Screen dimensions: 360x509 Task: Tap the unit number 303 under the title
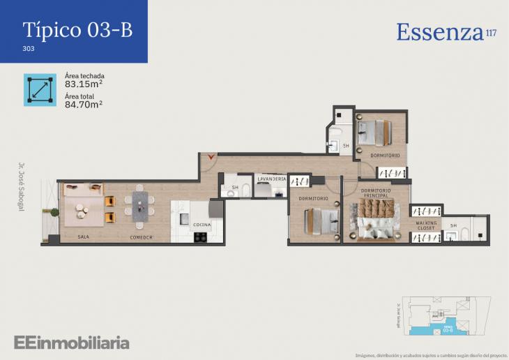[29, 50]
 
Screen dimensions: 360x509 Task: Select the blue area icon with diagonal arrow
[40, 90]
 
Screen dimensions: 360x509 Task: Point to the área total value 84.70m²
[84, 105]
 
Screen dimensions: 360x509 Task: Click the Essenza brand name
[440, 32]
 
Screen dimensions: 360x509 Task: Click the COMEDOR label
[142, 237]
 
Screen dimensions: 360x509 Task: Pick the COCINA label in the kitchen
[202, 225]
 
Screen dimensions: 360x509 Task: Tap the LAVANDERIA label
[271, 179]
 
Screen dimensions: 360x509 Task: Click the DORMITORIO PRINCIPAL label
[376, 193]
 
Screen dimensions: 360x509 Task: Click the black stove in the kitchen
[201, 237]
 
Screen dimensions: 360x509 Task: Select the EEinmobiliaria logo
[71, 343]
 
